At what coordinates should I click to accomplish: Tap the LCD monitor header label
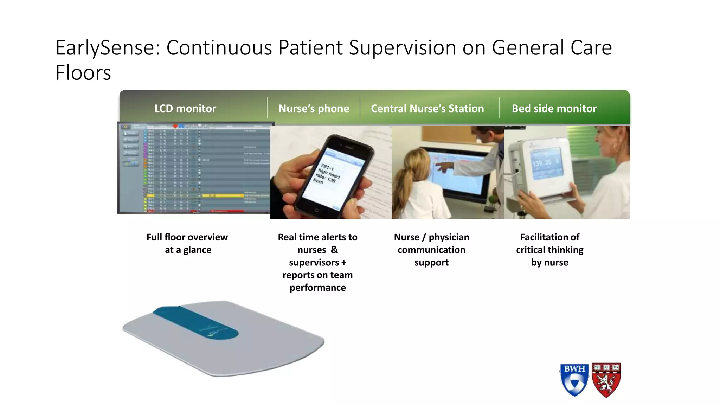click(185, 108)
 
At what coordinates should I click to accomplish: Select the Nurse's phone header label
click(314, 108)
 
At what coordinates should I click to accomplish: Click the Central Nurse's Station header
click(427, 108)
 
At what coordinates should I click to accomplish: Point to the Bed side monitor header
click(554, 108)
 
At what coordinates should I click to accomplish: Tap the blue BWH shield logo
click(574, 380)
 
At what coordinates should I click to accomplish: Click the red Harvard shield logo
click(606, 380)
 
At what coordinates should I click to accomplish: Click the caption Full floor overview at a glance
click(187, 243)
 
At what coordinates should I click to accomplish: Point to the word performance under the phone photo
click(317, 288)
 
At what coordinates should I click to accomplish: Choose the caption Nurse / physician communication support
click(431, 250)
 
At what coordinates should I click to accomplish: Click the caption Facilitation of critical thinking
click(549, 243)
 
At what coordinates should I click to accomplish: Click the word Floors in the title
click(83, 73)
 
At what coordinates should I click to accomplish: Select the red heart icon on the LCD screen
click(175, 126)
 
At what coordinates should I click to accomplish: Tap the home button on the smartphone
click(316, 210)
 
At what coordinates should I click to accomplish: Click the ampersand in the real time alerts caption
click(334, 250)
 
